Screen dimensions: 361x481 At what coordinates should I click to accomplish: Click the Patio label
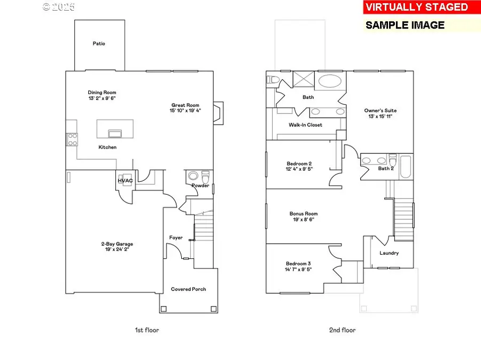pyautogui.click(x=99, y=43)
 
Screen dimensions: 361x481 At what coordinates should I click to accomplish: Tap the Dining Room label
pyautogui.click(x=102, y=93)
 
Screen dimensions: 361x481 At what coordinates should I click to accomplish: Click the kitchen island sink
pyautogui.click(x=114, y=133)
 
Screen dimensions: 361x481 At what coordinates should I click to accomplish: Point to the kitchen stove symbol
pyautogui.click(x=72, y=140)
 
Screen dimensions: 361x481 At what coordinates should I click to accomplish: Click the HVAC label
pyautogui.click(x=125, y=181)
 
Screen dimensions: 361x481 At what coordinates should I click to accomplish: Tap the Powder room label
pyautogui.click(x=200, y=186)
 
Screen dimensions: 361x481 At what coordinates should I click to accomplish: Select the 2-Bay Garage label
pyautogui.click(x=115, y=244)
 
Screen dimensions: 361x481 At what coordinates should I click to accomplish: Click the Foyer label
pyautogui.click(x=176, y=237)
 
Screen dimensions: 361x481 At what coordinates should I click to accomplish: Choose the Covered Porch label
pyautogui.click(x=188, y=289)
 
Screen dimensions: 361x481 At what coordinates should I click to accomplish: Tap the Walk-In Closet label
pyautogui.click(x=306, y=125)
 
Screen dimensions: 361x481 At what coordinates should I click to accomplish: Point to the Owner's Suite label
pyautogui.click(x=381, y=111)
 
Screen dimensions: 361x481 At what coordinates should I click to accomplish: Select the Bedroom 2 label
pyautogui.click(x=299, y=164)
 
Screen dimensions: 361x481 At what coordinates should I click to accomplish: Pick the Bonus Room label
pyautogui.click(x=304, y=214)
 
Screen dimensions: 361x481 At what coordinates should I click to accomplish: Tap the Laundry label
pyautogui.click(x=389, y=253)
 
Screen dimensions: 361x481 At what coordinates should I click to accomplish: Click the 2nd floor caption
pyautogui.click(x=342, y=330)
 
